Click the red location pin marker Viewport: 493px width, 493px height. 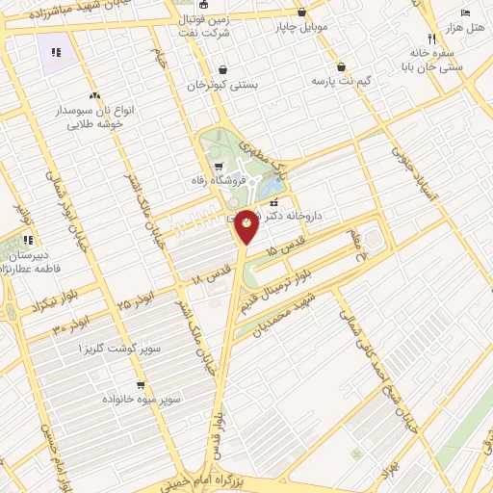pyautogui.click(x=247, y=225)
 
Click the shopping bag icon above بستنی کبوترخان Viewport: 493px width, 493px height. pyautogui.click(x=224, y=69)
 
